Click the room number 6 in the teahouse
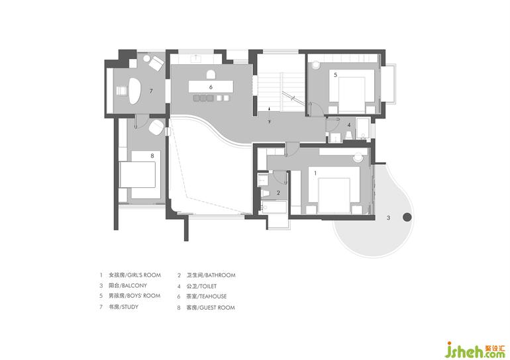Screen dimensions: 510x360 211,87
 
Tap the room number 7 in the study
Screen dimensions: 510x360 151,91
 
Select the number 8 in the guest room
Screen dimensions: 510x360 152,156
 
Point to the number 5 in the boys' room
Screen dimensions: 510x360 335,75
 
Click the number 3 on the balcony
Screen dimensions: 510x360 388,218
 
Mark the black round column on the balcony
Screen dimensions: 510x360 407,217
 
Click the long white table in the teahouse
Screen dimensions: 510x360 211,87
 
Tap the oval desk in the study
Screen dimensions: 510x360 135,91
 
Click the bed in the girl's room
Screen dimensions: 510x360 334,195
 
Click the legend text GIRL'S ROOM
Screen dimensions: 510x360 144,275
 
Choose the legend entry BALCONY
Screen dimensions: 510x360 134,286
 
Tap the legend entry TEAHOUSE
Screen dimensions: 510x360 213,296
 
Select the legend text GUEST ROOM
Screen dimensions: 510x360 217,307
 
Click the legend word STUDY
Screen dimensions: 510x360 130,306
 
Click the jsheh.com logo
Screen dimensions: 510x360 475,349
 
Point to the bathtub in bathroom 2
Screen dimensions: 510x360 274,207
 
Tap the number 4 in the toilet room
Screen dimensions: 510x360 349,125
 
